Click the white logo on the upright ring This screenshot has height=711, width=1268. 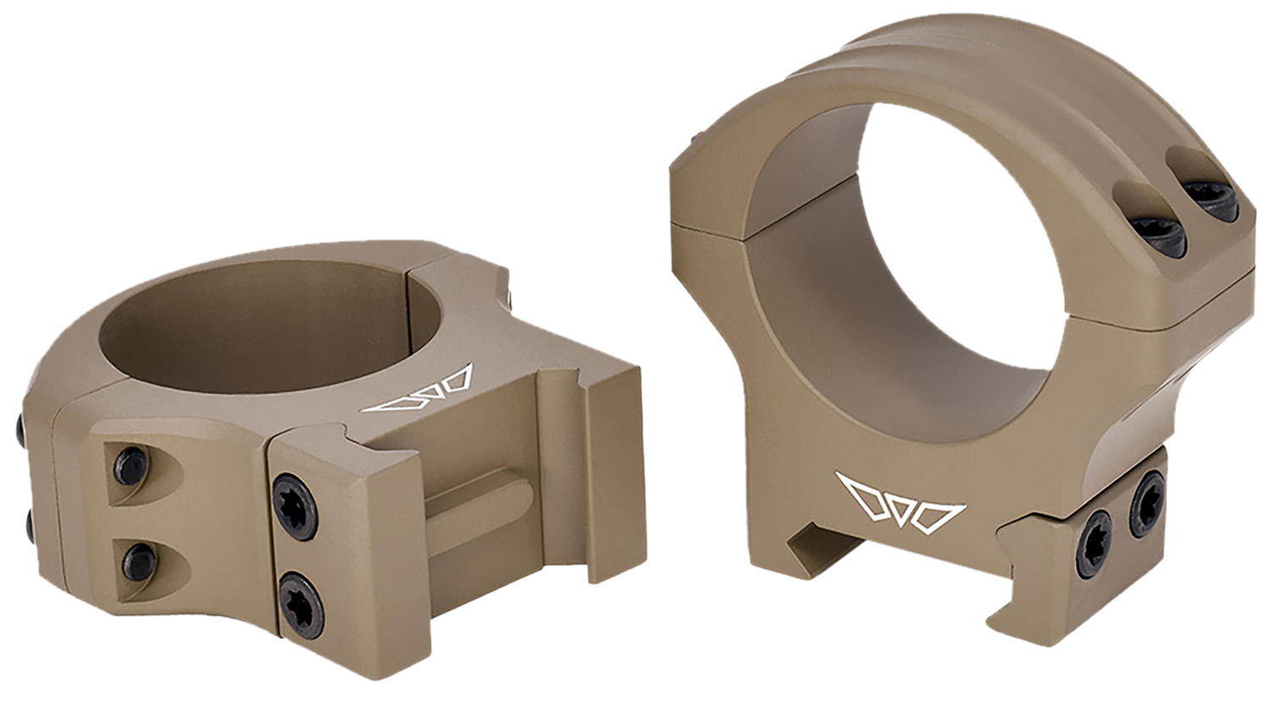[901, 505]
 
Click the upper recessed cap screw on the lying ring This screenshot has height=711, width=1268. [133, 465]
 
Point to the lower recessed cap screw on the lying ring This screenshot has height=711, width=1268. [139, 561]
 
